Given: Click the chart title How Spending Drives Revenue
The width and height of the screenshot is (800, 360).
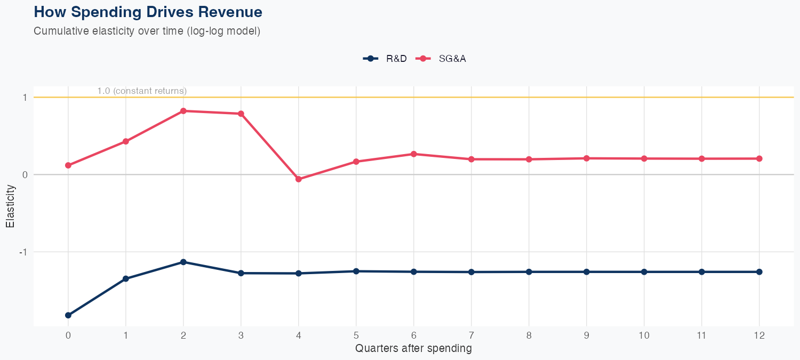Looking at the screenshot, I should pos(148,12).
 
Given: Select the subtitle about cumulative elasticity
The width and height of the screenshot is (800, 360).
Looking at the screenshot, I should pos(147,31).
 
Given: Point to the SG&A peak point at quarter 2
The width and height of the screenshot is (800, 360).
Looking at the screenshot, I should pos(183,111).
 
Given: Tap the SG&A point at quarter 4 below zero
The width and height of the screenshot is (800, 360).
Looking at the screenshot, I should pos(299,179).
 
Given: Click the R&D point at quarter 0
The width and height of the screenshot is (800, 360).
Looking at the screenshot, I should pos(68,315).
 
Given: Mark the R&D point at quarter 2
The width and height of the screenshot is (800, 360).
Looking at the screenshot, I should pos(183,262).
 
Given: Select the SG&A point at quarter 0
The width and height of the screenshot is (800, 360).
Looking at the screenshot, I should pos(68,165).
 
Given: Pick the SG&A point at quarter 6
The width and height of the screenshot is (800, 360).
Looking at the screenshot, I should pos(414,154).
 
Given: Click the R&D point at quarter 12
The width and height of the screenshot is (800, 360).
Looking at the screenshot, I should pos(759,272).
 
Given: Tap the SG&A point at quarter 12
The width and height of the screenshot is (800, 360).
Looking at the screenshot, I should pos(759,158).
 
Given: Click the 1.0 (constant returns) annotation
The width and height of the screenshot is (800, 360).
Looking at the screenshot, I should pos(142,91).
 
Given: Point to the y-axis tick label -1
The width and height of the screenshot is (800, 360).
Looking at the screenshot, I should pos(24,252).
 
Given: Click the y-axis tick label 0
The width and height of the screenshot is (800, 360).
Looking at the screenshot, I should pos(25,174).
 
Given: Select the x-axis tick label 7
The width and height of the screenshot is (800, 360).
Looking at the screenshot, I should pos(471,335).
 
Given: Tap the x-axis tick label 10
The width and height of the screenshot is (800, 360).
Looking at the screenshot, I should pos(644,335).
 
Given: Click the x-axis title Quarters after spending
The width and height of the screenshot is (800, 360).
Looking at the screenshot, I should pos(413,349).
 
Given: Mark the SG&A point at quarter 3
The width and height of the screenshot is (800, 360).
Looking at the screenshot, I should pos(241,114).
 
